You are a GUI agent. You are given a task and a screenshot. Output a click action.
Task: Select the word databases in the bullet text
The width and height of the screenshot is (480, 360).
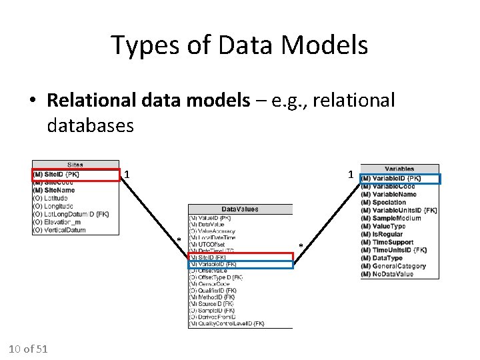(x=91, y=125)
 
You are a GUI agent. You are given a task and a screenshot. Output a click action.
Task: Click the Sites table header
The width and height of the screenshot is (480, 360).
(x=76, y=165)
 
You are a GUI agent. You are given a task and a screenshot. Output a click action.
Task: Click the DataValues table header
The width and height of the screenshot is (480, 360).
(x=240, y=209)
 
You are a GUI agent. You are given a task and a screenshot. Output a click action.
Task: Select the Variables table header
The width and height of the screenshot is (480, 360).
(x=399, y=169)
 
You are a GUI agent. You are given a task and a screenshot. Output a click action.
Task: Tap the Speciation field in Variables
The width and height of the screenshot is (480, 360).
(x=387, y=202)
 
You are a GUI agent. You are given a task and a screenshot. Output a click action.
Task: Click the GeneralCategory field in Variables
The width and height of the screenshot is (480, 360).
(x=396, y=266)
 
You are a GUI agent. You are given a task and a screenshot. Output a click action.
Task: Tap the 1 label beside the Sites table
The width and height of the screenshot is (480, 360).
(x=127, y=175)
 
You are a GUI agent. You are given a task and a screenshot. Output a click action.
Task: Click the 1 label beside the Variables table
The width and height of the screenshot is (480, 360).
(x=350, y=175)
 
